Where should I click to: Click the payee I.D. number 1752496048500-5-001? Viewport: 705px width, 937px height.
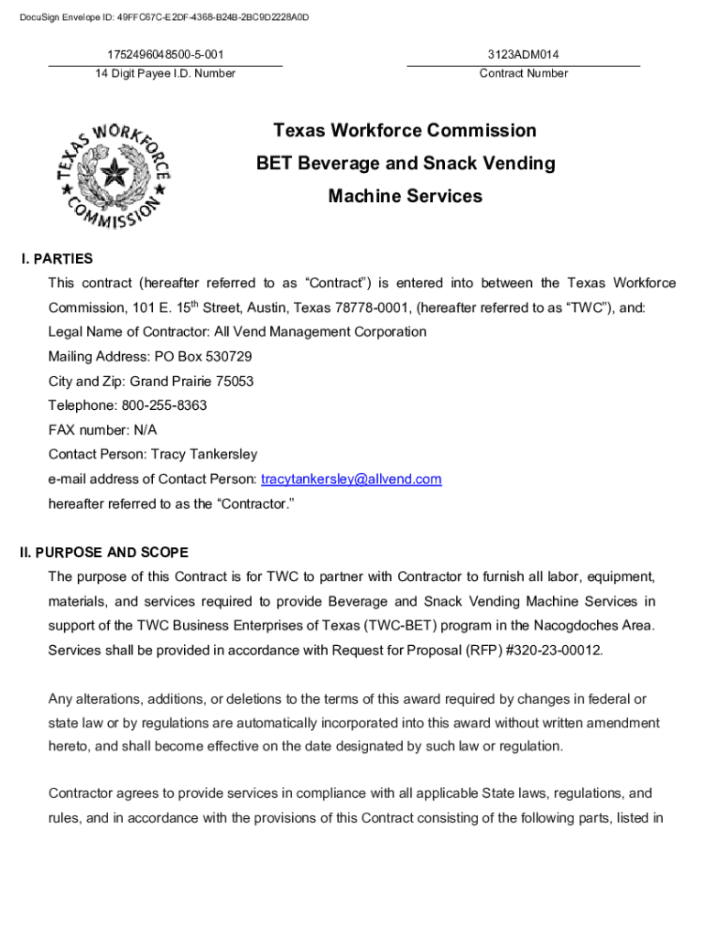(166, 55)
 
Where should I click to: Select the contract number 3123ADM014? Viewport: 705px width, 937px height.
(524, 55)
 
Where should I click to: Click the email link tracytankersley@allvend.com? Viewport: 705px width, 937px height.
(352, 479)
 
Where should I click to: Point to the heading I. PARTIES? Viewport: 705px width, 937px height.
(57, 259)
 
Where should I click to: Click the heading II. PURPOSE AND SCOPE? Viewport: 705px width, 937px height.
(104, 553)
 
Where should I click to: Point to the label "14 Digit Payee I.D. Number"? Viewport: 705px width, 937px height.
(166, 73)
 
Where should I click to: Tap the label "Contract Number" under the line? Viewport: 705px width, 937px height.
(524, 73)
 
